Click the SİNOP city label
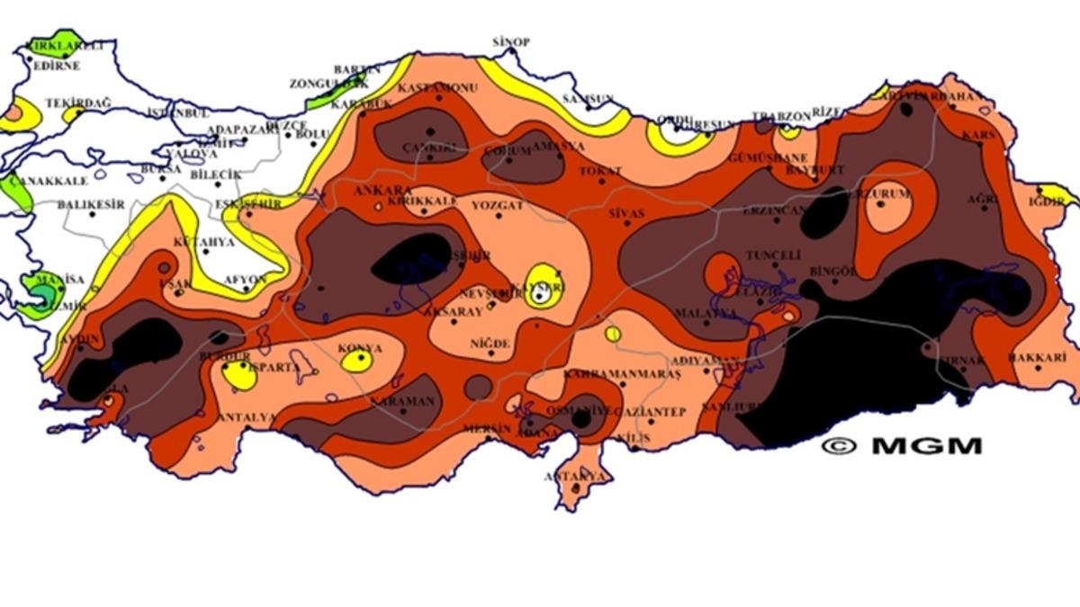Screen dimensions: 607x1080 coord(510,42)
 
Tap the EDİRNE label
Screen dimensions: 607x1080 coord(57,66)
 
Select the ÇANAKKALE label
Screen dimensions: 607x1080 coord(35,180)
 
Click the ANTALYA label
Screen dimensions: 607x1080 coord(246,417)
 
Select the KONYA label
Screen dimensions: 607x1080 coord(359,348)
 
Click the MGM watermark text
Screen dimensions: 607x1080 coord(926,446)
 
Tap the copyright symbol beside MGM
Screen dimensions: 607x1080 coord(839,446)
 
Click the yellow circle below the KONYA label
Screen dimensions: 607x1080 coord(357,362)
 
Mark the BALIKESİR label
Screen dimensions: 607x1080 coord(91,205)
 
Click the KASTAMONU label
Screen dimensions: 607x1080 coord(437,88)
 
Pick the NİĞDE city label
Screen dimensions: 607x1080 coord(490,344)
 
